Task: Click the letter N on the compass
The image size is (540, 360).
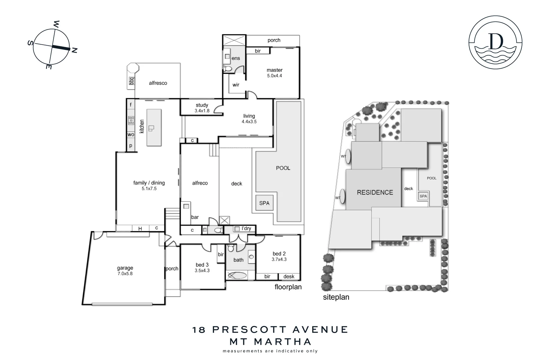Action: pyautogui.click(x=75, y=51)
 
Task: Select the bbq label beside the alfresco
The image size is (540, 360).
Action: pyautogui.click(x=131, y=81)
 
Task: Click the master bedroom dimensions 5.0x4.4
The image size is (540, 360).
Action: pyautogui.click(x=274, y=76)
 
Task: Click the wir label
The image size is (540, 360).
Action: pyautogui.click(x=236, y=85)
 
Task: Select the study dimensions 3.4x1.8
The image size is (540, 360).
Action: pyautogui.click(x=202, y=111)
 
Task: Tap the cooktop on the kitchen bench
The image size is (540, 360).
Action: pyautogui.click(x=131, y=120)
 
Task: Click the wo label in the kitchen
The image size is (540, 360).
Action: pyautogui.click(x=131, y=135)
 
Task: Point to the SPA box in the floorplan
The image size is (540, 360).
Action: pyautogui.click(x=264, y=203)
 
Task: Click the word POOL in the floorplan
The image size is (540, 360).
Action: pyautogui.click(x=283, y=168)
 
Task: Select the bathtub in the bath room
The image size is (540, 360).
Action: pyautogui.click(x=236, y=276)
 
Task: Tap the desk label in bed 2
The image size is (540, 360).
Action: pyautogui.click(x=289, y=276)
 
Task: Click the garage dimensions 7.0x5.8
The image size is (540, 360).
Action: pyautogui.click(x=125, y=274)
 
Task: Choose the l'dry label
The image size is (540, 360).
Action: pyautogui.click(x=246, y=228)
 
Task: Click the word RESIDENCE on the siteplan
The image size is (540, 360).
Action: pyautogui.click(x=375, y=192)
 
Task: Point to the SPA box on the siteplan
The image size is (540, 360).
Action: pyautogui.click(x=423, y=196)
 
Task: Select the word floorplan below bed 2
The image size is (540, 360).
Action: pyautogui.click(x=288, y=287)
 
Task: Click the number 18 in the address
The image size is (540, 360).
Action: pyautogui.click(x=199, y=330)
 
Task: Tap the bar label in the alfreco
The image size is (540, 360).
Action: pyautogui.click(x=195, y=217)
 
